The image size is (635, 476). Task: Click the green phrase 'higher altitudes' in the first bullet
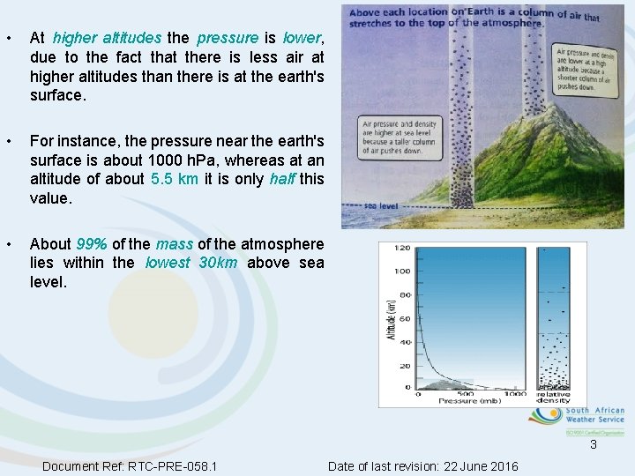[x=107, y=38]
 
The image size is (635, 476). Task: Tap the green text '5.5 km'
[x=174, y=179]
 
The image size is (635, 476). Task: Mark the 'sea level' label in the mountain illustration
[x=381, y=205]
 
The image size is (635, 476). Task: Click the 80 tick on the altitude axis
[x=404, y=294]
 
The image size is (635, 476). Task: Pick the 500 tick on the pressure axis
[x=466, y=393]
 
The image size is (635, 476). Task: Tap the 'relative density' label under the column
[x=553, y=396]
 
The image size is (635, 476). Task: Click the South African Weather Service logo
[x=578, y=420]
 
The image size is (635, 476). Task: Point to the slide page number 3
[x=594, y=445]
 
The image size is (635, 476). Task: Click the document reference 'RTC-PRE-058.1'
[x=173, y=465]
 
